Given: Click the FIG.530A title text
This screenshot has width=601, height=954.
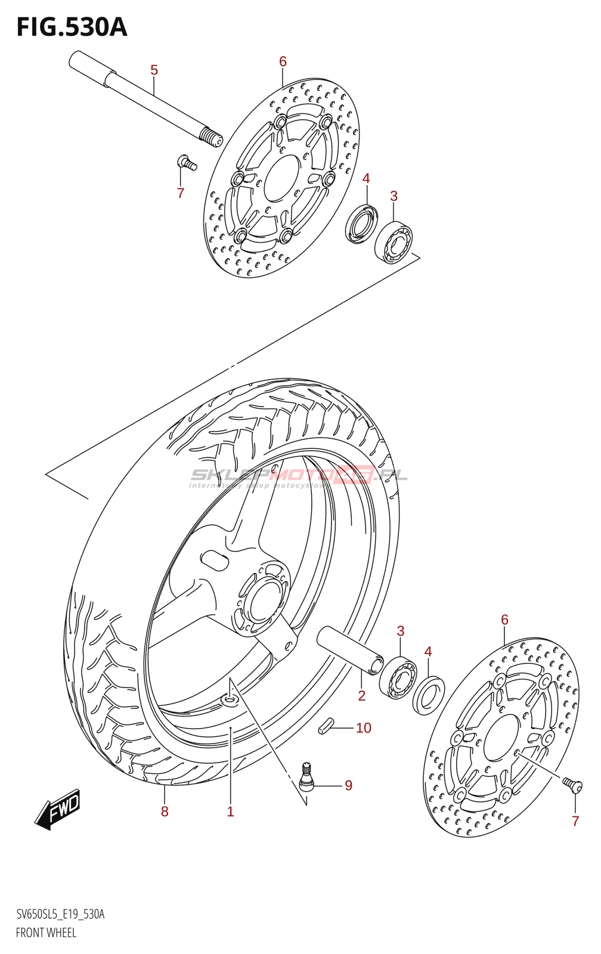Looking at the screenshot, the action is point(72,27).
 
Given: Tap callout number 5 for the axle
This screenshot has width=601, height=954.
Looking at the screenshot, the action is point(154,70).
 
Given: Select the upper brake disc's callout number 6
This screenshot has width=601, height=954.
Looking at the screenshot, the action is point(283,61).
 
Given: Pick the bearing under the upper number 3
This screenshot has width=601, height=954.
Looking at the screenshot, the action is point(394,241).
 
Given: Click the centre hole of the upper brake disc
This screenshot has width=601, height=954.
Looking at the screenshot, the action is point(281,178).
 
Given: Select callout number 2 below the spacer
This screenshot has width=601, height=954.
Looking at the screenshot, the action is point(361,695).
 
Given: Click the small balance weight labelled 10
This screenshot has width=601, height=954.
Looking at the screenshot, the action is point(326,726).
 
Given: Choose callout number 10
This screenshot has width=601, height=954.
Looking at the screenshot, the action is point(363,728).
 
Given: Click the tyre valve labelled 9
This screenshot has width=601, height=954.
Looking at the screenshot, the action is point(306,777).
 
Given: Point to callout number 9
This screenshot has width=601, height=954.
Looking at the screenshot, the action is point(348,786).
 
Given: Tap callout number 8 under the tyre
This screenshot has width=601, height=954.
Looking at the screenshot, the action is point(165,811).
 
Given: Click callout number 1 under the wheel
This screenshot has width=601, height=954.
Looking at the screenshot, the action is point(230,811).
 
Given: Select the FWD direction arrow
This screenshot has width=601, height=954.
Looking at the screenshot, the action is point(57,809).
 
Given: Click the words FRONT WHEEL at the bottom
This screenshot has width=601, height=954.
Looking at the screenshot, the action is point(46,933).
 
